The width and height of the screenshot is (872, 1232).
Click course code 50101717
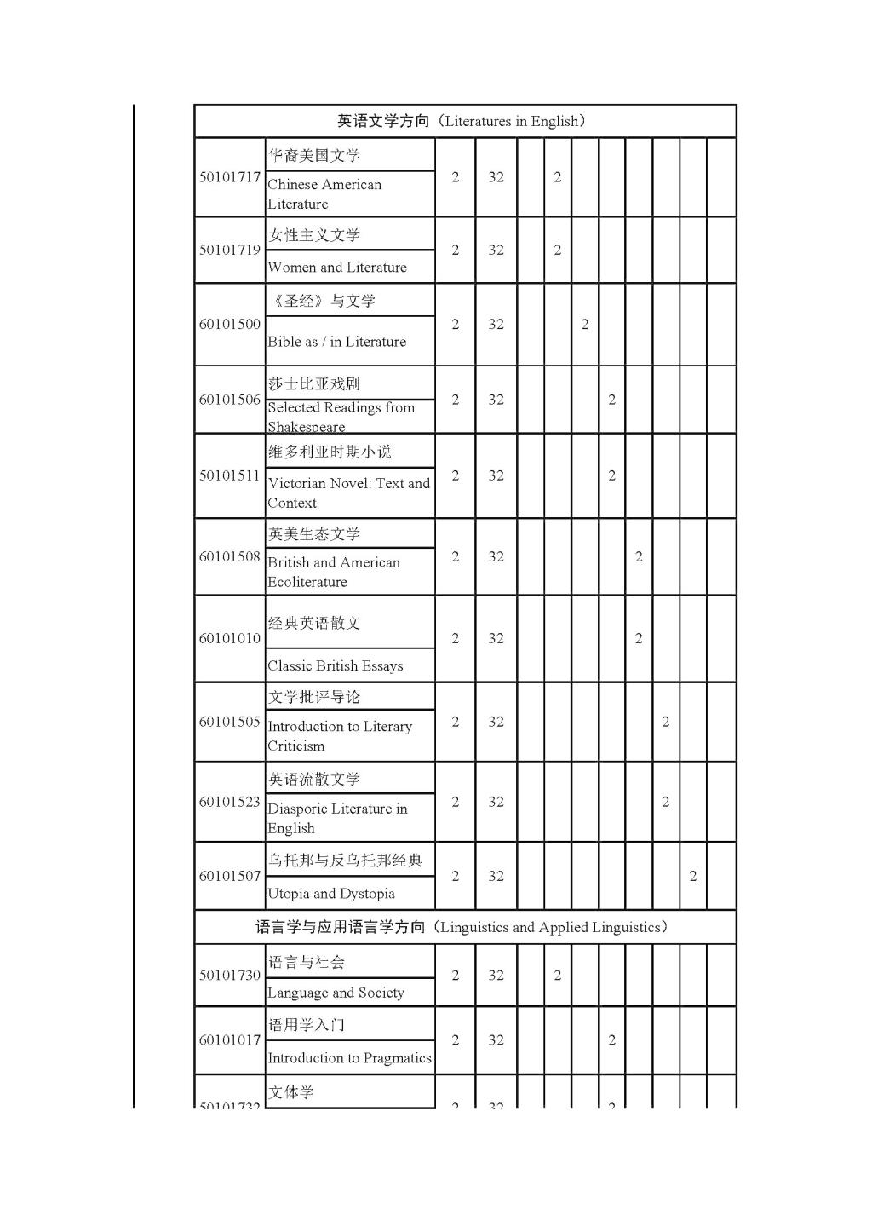tap(230, 177)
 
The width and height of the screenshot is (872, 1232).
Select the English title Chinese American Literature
tap(324, 194)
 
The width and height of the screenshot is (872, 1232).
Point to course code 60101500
tap(230, 324)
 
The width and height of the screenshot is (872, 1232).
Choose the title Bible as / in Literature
tap(336, 342)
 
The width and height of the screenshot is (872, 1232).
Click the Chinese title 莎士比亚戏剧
tap(314, 383)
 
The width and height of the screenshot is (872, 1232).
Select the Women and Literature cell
tap(337, 268)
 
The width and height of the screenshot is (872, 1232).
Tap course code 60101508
tap(230, 556)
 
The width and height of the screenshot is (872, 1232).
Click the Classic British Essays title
tap(336, 665)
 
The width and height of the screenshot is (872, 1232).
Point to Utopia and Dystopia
tap(331, 894)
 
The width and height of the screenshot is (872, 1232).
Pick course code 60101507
tap(230, 876)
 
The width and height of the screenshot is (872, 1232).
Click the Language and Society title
tap(336, 993)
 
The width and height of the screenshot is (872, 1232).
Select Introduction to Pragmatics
tap(349, 1058)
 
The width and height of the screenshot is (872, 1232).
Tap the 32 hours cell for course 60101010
tap(496, 638)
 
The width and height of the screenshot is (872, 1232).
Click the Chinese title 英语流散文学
tap(314, 779)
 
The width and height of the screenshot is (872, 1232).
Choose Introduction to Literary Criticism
tap(339, 736)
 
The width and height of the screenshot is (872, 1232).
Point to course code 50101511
tap(230, 475)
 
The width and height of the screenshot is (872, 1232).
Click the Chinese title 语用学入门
tap(307, 1025)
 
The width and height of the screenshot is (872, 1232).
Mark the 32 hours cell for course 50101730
tap(496, 975)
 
